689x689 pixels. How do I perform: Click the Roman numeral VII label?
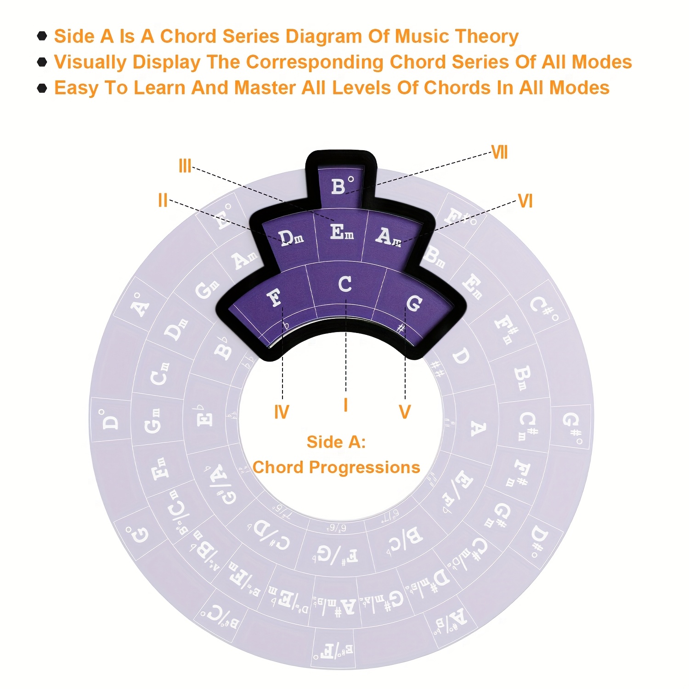pyautogui.click(x=499, y=152)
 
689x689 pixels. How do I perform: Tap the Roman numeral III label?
pyautogui.click(x=185, y=166)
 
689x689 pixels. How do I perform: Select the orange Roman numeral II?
pyautogui.click(x=163, y=200)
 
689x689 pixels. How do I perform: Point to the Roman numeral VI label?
pyautogui.click(x=525, y=201)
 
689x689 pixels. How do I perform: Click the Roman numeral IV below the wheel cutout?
pyautogui.click(x=282, y=412)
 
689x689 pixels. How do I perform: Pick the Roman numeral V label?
pyautogui.click(x=405, y=412)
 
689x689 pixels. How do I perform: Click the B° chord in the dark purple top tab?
pyautogui.click(x=342, y=186)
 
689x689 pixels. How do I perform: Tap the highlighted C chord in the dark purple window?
pyautogui.click(x=345, y=284)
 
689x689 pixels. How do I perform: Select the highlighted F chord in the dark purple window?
pyautogui.click(x=275, y=298)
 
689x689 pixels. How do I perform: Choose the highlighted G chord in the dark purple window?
pyautogui.click(x=414, y=303)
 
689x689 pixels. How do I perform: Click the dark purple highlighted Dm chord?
pyautogui.click(x=291, y=237)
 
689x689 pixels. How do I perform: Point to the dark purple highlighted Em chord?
pyautogui.click(x=342, y=232)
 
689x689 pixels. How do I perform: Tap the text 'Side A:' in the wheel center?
pyautogui.click(x=336, y=442)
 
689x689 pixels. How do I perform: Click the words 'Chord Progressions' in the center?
pyautogui.click(x=336, y=467)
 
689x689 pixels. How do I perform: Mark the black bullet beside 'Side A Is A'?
pyautogui.click(x=42, y=36)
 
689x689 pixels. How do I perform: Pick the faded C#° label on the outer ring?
pyautogui.click(x=544, y=311)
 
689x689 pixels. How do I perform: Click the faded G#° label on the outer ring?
pyautogui.click(x=572, y=428)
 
